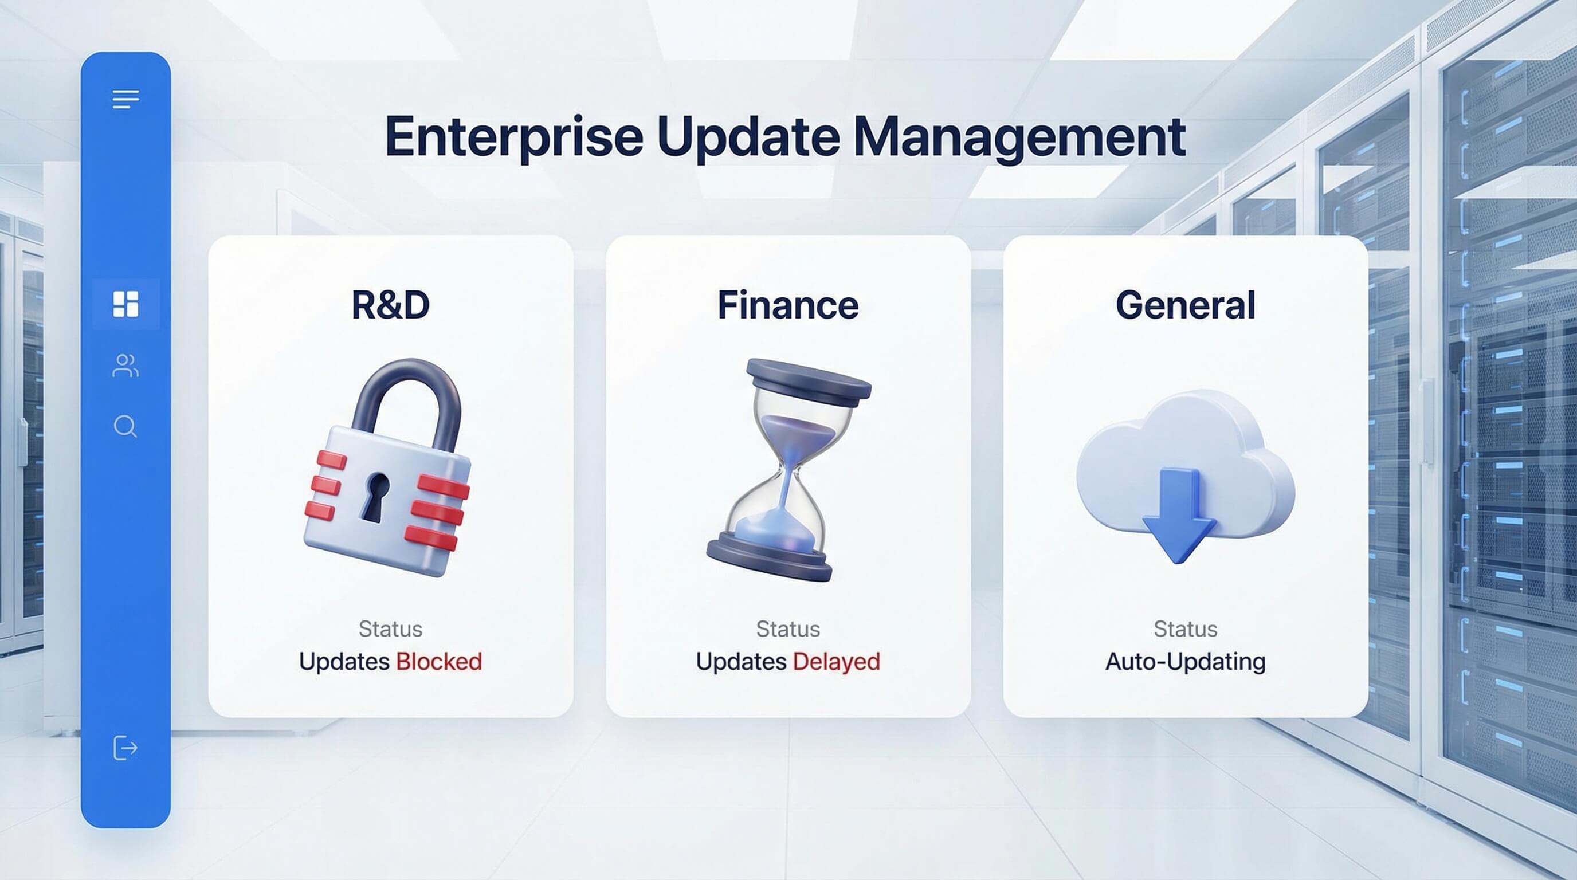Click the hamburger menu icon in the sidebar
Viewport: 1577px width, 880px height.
point(125,99)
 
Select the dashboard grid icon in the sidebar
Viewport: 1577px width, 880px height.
point(125,304)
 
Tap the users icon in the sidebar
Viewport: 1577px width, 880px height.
point(125,366)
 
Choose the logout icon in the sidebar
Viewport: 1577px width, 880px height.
point(125,748)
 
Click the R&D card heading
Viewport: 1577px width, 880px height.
point(391,305)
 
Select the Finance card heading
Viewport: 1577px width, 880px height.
point(788,305)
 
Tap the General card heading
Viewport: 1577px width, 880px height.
point(1185,305)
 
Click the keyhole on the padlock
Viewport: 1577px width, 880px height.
point(375,496)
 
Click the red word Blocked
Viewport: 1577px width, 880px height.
point(439,662)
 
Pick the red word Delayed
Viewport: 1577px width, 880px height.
point(836,662)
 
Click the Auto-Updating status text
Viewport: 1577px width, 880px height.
point(1185,662)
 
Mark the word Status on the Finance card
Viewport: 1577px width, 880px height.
point(788,629)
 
